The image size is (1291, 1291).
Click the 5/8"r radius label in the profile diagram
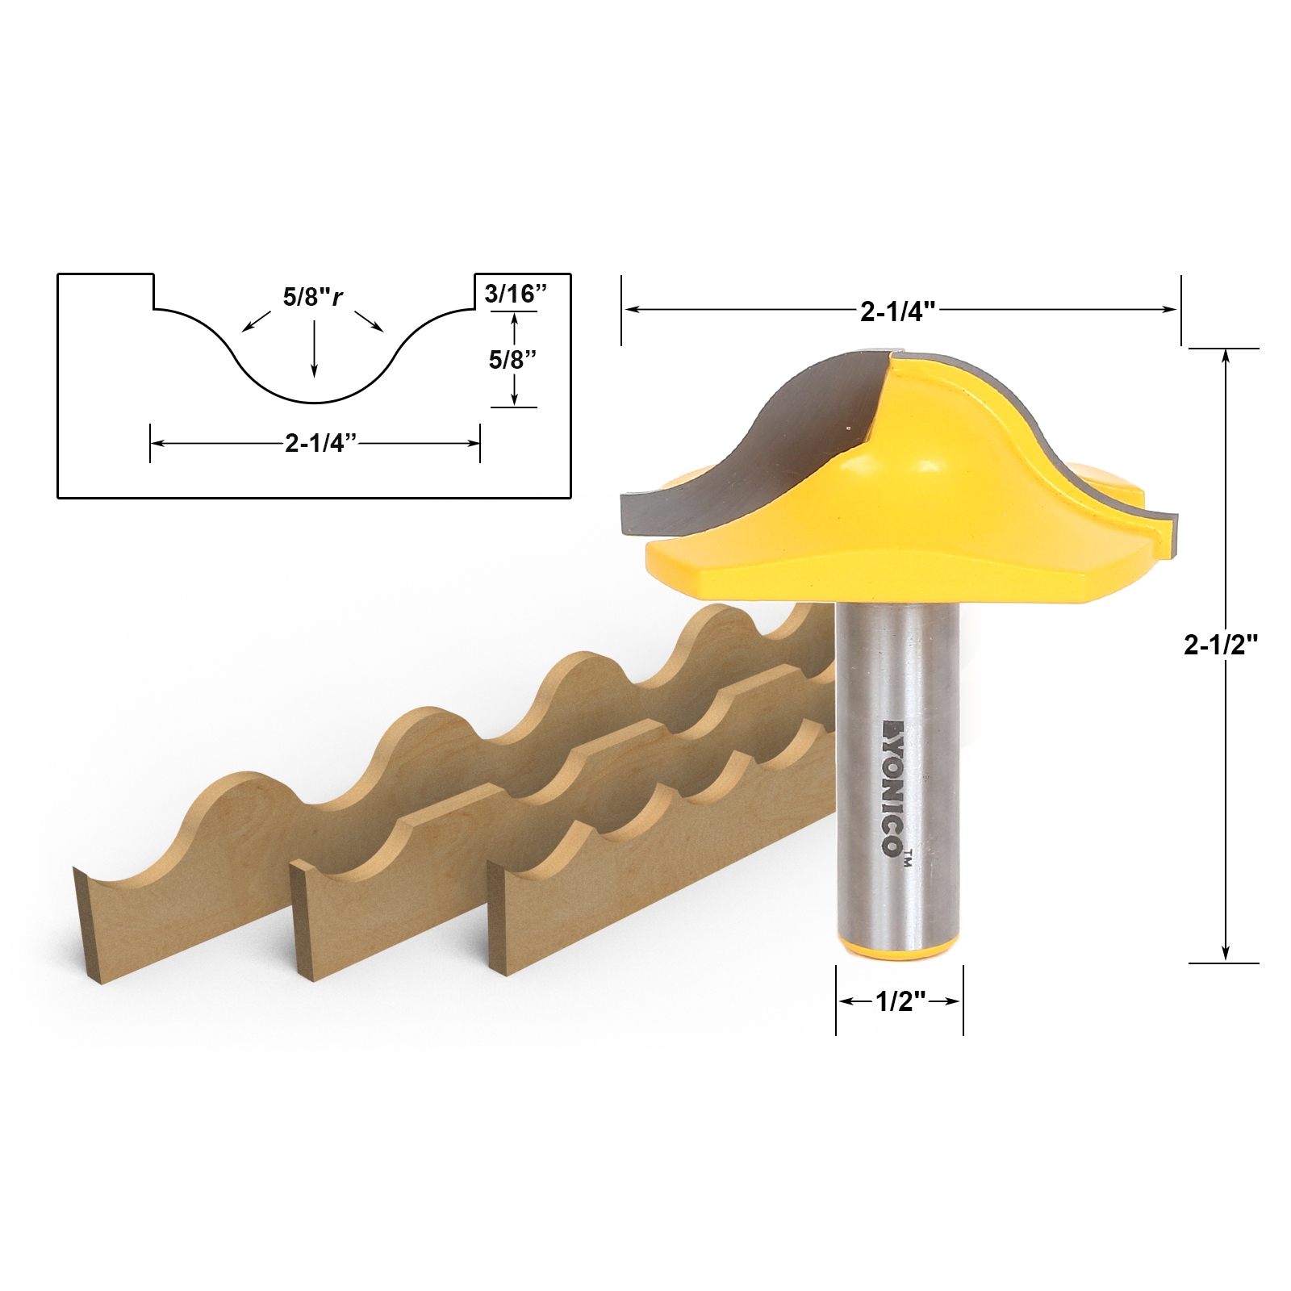pyautogui.click(x=312, y=297)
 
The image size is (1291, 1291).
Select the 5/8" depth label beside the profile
pyautogui.click(x=513, y=360)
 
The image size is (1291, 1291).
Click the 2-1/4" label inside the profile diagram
pyautogui.click(x=320, y=443)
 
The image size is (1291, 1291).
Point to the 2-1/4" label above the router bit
pyautogui.click(x=897, y=311)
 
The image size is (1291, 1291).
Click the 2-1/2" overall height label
pyautogui.click(x=1221, y=645)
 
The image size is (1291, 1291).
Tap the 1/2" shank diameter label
pyautogui.click(x=900, y=1001)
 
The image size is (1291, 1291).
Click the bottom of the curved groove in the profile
pyautogui.click(x=315, y=402)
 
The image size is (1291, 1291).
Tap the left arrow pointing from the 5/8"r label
pyautogui.click(x=256, y=320)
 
